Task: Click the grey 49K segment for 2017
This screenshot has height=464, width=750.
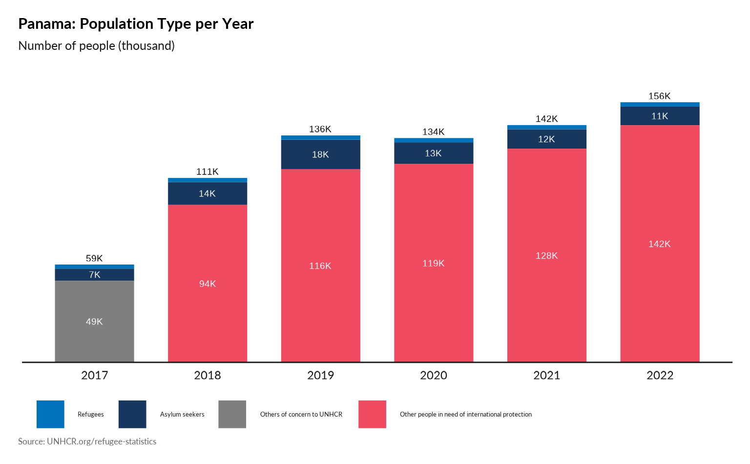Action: (x=94, y=321)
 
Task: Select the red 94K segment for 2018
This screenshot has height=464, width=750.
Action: (x=208, y=283)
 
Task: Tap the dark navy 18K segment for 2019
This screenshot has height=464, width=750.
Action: (x=320, y=155)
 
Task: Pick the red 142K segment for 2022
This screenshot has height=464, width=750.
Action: (x=660, y=243)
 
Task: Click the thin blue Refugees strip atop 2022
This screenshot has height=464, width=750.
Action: (x=660, y=104)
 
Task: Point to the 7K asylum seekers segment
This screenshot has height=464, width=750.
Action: (x=94, y=275)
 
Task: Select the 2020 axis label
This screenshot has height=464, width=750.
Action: (x=434, y=375)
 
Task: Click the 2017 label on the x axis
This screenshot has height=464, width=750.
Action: (x=94, y=375)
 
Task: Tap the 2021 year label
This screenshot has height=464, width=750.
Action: (x=546, y=375)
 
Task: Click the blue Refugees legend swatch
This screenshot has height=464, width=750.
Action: (x=50, y=414)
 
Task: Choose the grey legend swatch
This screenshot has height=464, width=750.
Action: (x=232, y=414)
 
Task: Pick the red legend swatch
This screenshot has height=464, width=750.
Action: (x=372, y=414)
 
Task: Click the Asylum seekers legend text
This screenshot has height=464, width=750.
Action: (x=182, y=414)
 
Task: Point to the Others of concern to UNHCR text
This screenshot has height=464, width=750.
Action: (x=301, y=414)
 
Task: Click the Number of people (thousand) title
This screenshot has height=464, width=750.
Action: (x=97, y=45)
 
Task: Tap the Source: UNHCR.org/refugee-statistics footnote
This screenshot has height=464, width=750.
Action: (x=87, y=441)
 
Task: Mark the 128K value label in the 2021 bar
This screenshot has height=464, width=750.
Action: (x=546, y=256)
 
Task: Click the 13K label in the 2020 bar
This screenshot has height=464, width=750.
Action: (x=433, y=154)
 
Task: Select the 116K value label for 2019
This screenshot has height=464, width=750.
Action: (x=320, y=266)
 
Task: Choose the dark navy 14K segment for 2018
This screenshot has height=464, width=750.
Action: (x=208, y=194)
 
